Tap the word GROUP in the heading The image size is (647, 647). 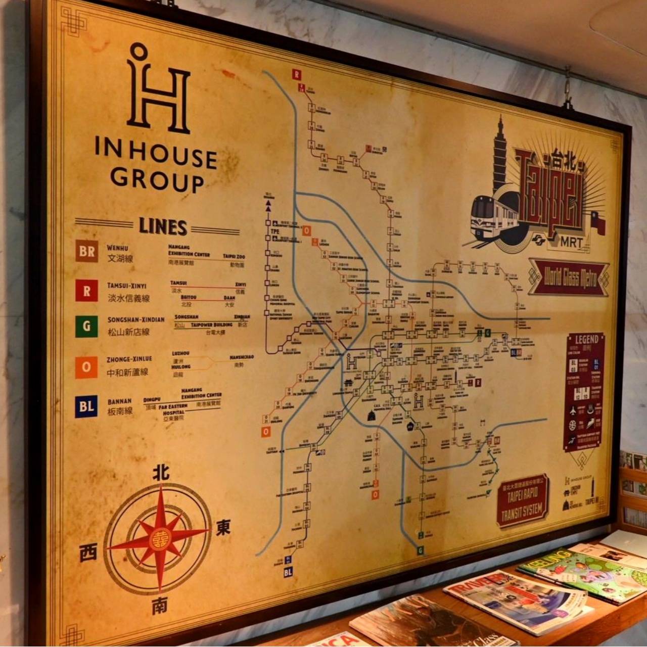[x=157, y=179]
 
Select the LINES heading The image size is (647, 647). [x=163, y=227]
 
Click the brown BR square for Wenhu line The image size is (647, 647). [x=87, y=251]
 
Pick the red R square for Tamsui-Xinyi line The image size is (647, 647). [x=86, y=291]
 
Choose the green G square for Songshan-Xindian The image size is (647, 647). [x=86, y=327]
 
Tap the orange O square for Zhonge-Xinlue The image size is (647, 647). [x=86, y=367]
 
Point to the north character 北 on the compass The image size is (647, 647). [x=161, y=473]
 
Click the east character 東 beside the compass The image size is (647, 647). [x=223, y=527]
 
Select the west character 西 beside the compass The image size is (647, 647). [x=88, y=553]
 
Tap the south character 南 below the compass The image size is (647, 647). [x=160, y=607]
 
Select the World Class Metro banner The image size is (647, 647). [x=569, y=276]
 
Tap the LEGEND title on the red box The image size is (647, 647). [x=586, y=339]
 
